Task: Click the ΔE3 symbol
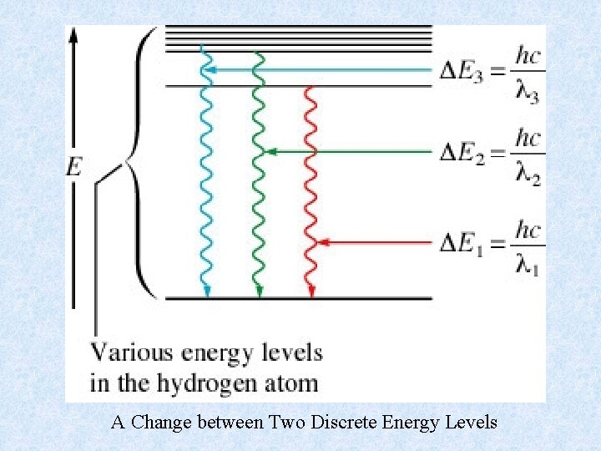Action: [462, 72]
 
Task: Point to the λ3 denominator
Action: [528, 91]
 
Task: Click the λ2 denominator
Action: [528, 172]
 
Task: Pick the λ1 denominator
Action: [528, 264]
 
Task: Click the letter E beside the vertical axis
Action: [74, 167]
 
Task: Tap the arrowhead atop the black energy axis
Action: [73, 34]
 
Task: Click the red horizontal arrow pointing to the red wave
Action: [376, 242]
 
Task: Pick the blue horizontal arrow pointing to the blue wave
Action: [317, 69]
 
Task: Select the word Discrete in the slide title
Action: [345, 423]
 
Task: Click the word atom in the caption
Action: [291, 383]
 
